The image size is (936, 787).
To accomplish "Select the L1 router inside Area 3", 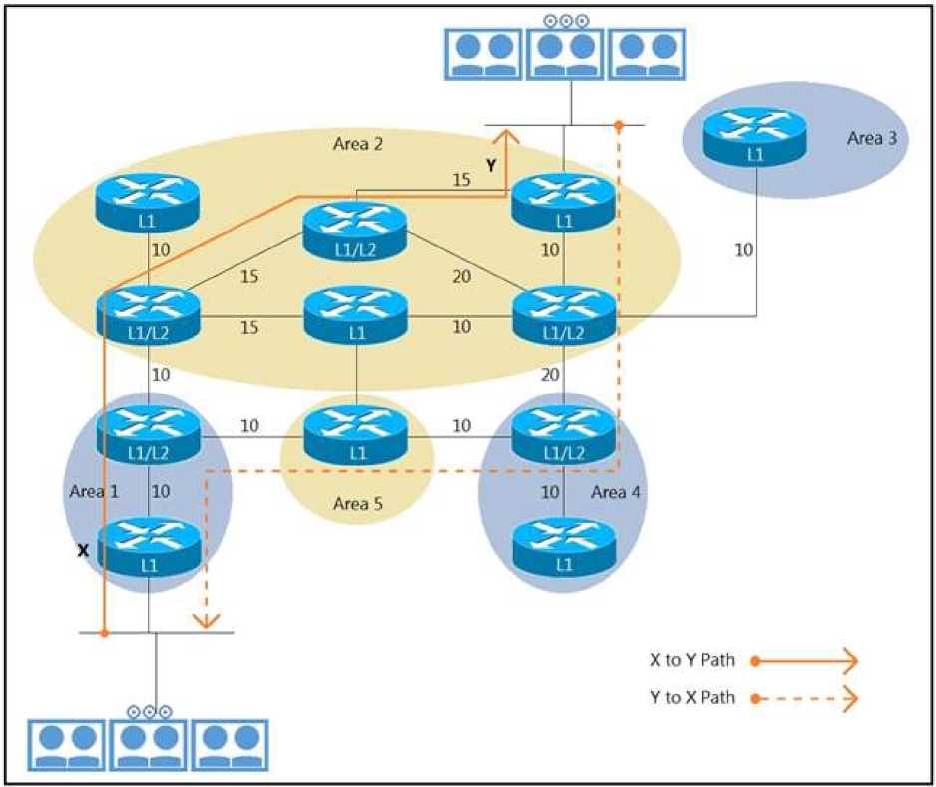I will click(754, 134).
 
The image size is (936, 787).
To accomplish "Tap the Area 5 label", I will click(357, 503).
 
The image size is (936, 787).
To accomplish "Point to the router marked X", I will click(150, 545).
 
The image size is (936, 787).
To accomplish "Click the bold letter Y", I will click(491, 167).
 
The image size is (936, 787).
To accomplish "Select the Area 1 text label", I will click(94, 491).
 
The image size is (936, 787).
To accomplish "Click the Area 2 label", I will click(357, 144).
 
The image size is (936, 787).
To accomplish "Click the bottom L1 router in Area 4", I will click(564, 545).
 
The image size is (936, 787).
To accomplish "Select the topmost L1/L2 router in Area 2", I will click(357, 229).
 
